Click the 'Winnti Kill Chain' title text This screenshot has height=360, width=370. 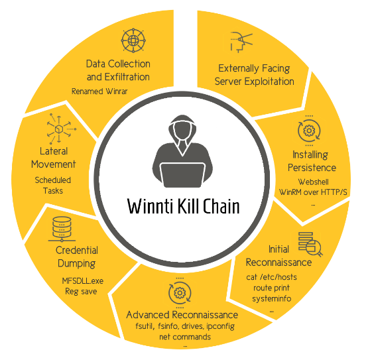pyautogui.click(x=184, y=206)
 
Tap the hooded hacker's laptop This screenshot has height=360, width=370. pyautogui.click(x=182, y=175)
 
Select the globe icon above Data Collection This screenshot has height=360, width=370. pyautogui.click(x=133, y=40)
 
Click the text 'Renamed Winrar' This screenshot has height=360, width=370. pyautogui.click(x=99, y=91)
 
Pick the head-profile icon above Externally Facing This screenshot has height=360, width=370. pyautogui.click(x=241, y=42)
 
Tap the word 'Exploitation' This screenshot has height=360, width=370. pyautogui.click(x=269, y=82)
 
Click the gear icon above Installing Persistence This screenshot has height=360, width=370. pyautogui.click(x=309, y=131)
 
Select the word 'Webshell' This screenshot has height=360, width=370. pyautogui.click(x=313, y=182)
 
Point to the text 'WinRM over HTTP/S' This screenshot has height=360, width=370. pyautogui.click(x=313, y=192)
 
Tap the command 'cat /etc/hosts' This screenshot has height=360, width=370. pyautogui.click(x=271, y=277)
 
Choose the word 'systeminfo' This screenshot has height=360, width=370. pyautogui.click(x=272, y=298)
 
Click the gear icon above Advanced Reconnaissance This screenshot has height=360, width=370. pyautogui.click(x=180, y=293)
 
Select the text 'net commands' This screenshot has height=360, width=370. pyautogui.click(x=185, y=337)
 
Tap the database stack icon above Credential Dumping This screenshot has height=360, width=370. pyautogui.click(x=62, y=229)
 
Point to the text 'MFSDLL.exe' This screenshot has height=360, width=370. pyautogui.click(x=83, y=280)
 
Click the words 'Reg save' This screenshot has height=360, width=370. pyautogui.click(x=81, y=292)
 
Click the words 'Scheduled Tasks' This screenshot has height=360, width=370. pyautogui.click(x=53, y=185)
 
